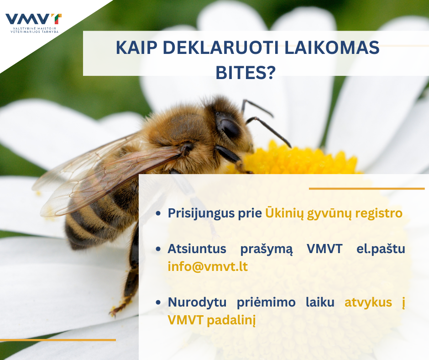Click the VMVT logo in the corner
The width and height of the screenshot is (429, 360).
pos(33,23)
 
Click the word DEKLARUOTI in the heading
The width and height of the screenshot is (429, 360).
pos(220,48)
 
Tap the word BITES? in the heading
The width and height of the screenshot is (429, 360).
pos(246,72)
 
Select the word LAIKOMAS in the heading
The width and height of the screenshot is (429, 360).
pos(332,48)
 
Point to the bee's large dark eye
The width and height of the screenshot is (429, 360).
pos(229,127)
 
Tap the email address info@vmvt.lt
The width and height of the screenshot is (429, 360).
pos(208,267)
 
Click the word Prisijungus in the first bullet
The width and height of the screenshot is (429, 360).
pos(201,213)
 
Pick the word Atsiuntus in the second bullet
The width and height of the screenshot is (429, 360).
pos(197,249)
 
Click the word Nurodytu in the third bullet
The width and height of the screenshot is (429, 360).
pos(197,302)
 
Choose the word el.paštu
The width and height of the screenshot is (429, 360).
pos(381,249)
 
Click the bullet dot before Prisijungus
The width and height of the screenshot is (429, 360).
pos(158,213)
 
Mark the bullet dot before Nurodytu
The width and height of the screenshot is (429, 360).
pos(158,302)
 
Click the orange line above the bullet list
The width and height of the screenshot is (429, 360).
pos(366,189)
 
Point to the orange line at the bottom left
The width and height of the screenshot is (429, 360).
pos(58,340)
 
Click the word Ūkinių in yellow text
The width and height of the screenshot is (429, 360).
pos(284,213)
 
